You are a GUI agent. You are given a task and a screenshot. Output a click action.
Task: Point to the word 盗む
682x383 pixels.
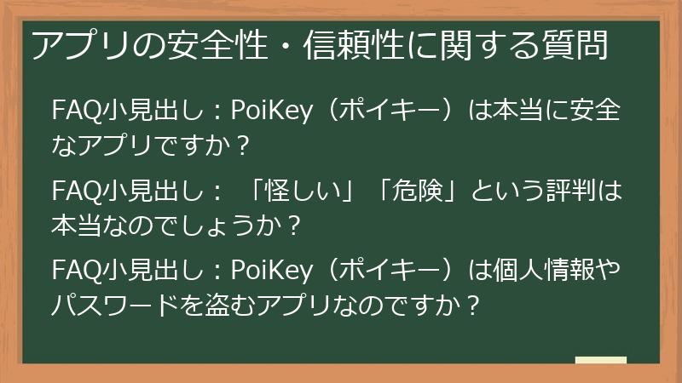tap(248, 303)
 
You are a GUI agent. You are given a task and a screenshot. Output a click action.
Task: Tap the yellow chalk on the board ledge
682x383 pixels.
tap(601, 360)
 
